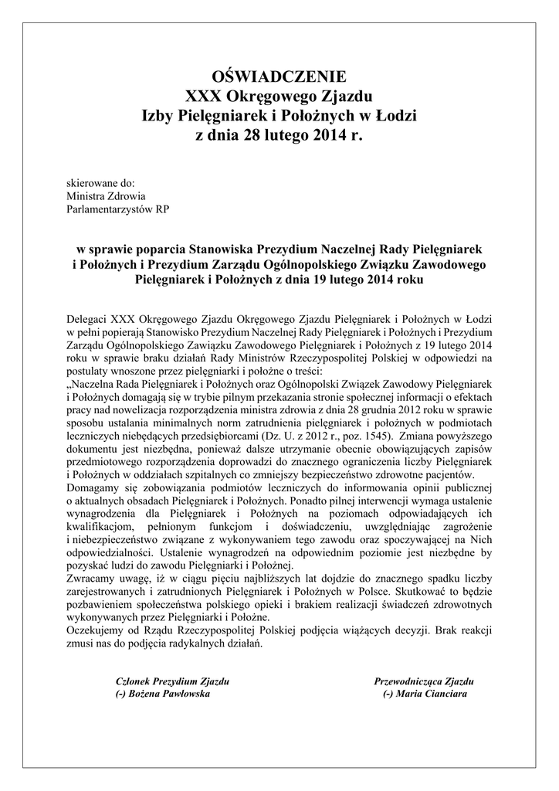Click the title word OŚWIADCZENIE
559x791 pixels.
coord(279,77)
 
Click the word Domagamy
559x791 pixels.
coord(96,488)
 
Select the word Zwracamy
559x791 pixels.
coord(93,580)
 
